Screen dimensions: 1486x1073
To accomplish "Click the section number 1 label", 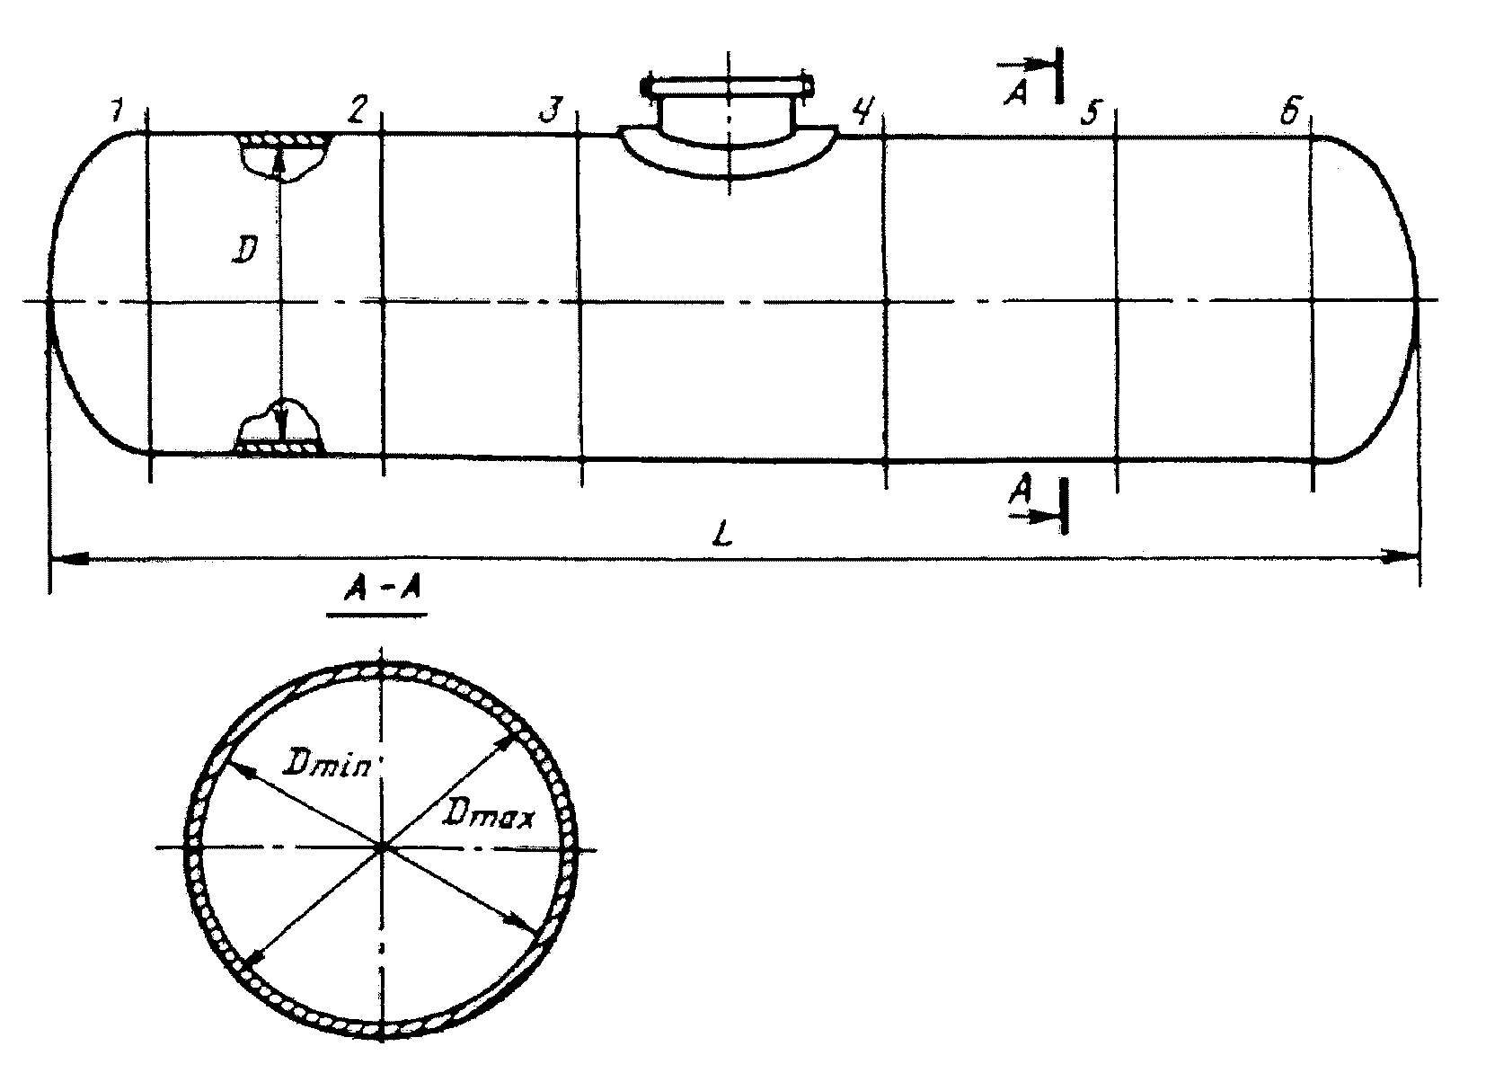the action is [x=116, y=111].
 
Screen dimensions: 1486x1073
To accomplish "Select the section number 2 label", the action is [x=357, y=110].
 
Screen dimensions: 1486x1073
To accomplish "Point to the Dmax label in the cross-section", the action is [x=491, y=816].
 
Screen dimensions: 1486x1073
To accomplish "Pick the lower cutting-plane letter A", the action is [x=1019, y=490].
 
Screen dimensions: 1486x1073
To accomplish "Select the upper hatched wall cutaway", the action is [x=284, y=142].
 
